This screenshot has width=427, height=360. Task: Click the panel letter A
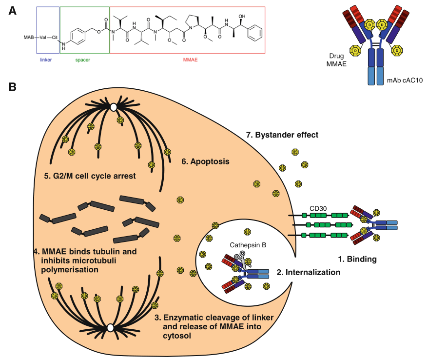pyautogui.click(x=13, y=10)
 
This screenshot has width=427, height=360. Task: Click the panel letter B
pyautogui.click(x=13, y=88)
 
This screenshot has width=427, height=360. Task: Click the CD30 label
pyautogui.click(x=318, y=207)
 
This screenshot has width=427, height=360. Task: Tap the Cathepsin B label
pyautogui.click(x=247, y=245)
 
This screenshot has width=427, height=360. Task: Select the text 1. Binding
pyautogui.click(x=357, y=259)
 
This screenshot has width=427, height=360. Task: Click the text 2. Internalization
pyautogui.click(x=308, y=272)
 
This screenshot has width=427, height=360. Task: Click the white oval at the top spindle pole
pyautogui.click(x=113, y=106)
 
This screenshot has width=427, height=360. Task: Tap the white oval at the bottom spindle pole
pyautogui.click(x=111, y=328)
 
